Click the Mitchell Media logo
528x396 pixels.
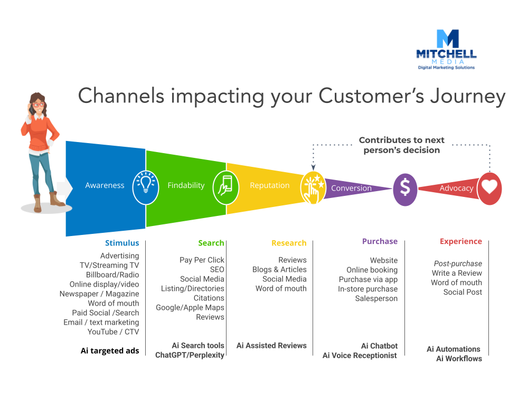[446, 49]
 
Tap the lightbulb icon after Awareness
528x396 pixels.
[145, 185]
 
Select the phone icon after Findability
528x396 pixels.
[225, 186]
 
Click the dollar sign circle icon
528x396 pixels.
[405, 187]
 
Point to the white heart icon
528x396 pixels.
[489, 188]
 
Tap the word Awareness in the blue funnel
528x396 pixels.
[105, 185]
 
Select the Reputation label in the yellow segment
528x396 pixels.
[269, 185]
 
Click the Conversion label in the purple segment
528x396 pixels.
[351, 188]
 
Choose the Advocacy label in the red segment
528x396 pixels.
[456, 188]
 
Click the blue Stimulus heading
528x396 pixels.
[122, 243]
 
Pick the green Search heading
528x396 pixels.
[211, 243]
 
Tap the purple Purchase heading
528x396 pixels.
[380, 241]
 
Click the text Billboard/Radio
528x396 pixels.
[112, 275]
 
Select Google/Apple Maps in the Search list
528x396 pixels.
[190, 307]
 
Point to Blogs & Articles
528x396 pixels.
[279, 269]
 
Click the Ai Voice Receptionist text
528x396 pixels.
[360, 355]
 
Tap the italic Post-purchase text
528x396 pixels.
[458, 263]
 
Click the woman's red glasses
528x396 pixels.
[37, 105]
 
